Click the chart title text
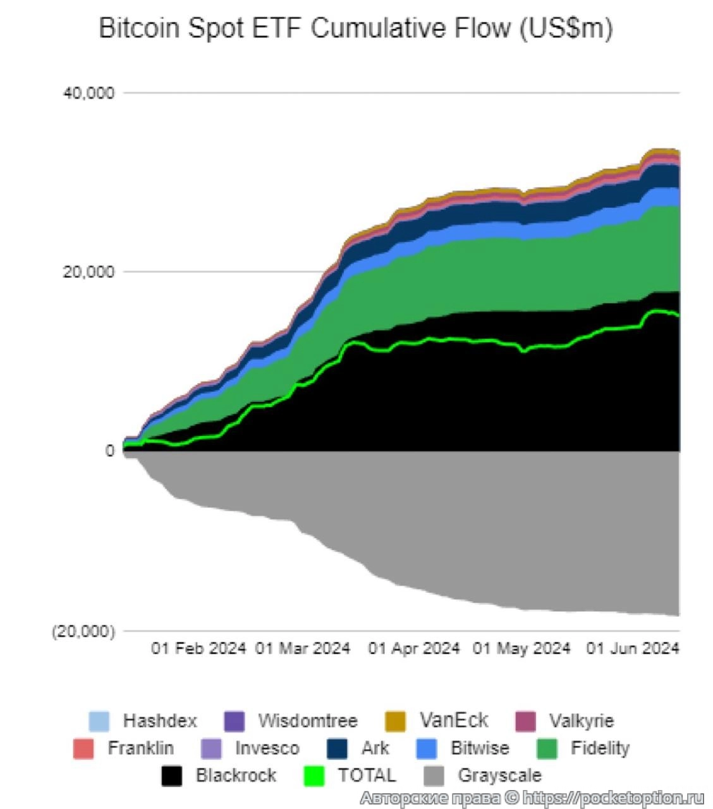(x=356, y=28)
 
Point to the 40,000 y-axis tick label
(x=88, y=93)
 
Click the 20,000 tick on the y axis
(x=88, y=272)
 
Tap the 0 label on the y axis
(x=110, y=451)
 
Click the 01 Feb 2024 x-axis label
(x=198, y=648)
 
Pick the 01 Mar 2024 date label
(x=302, y=648)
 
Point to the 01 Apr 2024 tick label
(x=413, y=648)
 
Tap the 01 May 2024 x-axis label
(x=521, y=648)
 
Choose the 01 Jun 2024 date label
(x=632, y=648)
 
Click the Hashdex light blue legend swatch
(x=99, y=721)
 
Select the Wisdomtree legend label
(x=307, y=721)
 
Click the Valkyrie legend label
(x=581, y=721)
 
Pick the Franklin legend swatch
(x=83, y=748)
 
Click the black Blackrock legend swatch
(x=171, y=776)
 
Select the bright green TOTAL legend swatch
(x=314, y=776)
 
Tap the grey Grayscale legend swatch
(x=434, y=776)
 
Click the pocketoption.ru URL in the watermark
(x=613, y=798)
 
